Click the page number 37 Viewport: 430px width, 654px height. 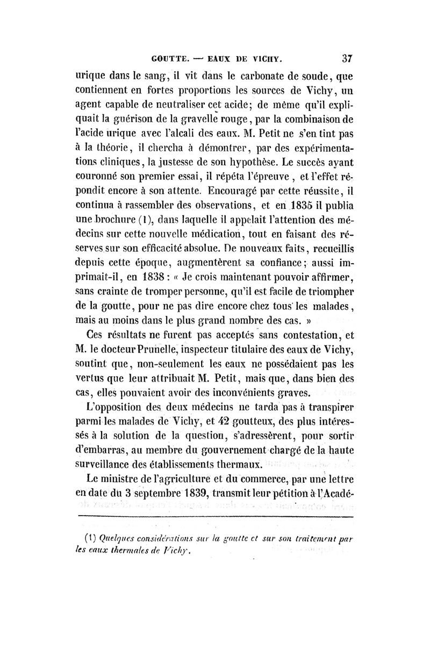[346, 55]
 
